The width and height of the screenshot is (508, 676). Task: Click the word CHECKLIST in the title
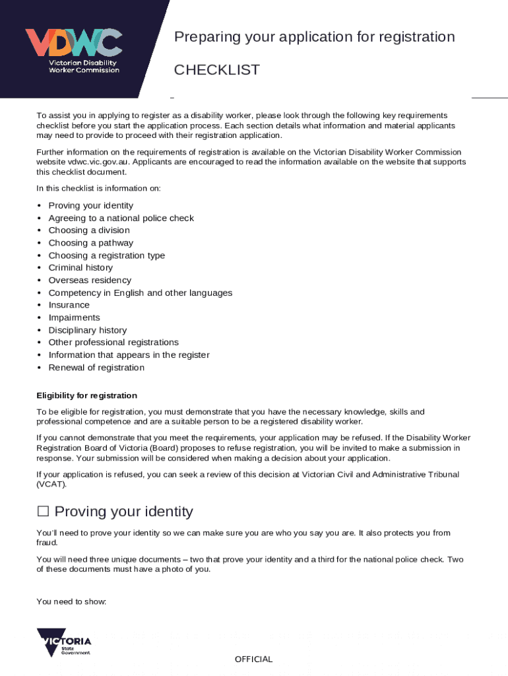click(x=216, y=70)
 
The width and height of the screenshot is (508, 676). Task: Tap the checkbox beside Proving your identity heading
click(x=43, y=512)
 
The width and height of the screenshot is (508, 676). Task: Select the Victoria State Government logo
click(x=64, y=642)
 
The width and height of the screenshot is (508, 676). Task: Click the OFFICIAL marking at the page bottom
click(x=253, y=659)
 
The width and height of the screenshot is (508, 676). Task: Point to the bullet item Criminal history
click(x=80, y=267)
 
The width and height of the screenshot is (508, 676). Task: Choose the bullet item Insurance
click(x=69, y=305)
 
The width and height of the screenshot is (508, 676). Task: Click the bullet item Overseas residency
click(x=90, y=280)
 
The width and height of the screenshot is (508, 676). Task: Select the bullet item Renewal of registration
click(x=96, y=368)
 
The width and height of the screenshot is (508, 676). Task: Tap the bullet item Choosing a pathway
click(x=90, y=243)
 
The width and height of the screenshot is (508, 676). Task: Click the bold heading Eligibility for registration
click(x=86, y=395)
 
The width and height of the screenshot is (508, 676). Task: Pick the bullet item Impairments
click(x=74, y=318)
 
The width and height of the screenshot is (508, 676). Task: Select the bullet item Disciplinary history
click(x=87, y=330)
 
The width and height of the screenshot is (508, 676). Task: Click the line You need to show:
click(x=71, y=601)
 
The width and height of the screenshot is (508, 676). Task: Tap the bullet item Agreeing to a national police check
click(x=121, y=218)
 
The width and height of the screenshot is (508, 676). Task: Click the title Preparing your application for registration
click(x=314, y=37)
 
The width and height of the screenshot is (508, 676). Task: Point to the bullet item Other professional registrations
click(x=113, y=343)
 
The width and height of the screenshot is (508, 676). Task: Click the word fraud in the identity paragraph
click(x=47, y=543)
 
